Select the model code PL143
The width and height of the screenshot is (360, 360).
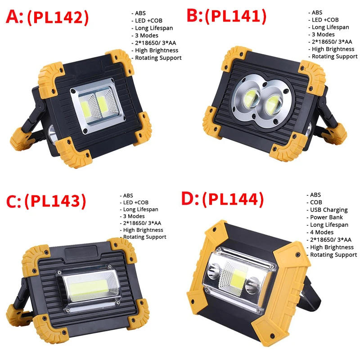[x=55, y=201]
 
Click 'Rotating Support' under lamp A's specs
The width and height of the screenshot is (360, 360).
[x=157, y=58]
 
